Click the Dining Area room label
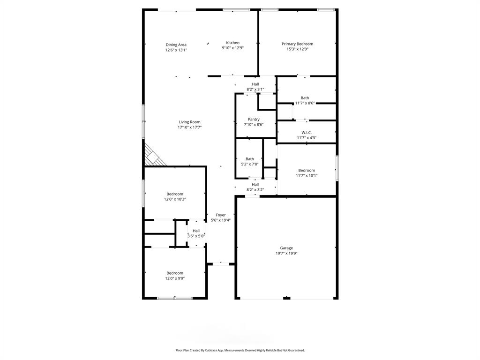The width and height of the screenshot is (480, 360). tap(176, 45)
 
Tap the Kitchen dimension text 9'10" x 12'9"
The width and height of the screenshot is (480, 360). tap(232, 48)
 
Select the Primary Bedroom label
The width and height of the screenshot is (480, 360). tap(297, 44)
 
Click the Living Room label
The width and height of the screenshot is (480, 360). tap(189, 122)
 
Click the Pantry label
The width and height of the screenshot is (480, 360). tap(254, 120)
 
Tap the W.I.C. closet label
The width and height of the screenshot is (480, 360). tap(307, 133)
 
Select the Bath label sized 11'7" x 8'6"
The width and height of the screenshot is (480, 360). tap(305, 98)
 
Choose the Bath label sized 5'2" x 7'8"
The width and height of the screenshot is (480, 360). tap(250, 159)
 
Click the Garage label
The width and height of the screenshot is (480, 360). tap(286, 248)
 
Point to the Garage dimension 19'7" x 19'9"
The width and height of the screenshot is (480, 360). tap(286, 253)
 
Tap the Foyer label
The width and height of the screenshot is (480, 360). tap(220, 215)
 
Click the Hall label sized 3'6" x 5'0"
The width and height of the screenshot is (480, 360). tap(196, 231)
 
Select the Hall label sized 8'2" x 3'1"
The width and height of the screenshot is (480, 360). tap(255, 84)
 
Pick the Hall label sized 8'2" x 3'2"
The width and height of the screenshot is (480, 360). tap(255, 185)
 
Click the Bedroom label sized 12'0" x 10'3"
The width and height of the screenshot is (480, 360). tap(175, 194)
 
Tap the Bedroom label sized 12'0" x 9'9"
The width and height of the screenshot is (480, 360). tap(175, 273)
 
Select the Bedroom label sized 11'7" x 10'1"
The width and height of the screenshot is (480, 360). tap(307, 170)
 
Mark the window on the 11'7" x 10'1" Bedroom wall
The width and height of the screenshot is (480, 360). tap(337, 168)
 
